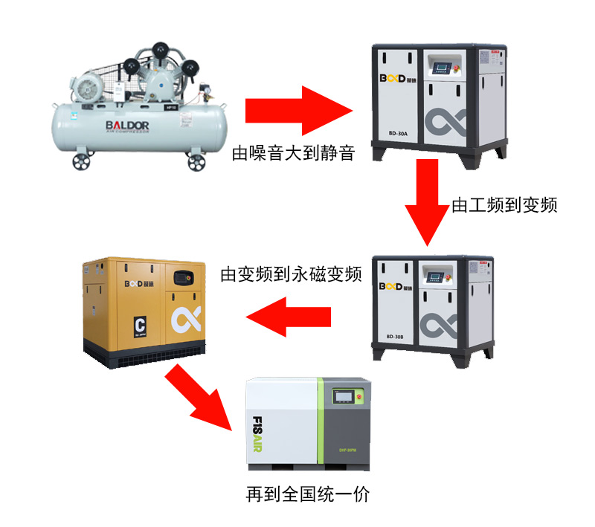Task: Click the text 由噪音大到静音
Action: click(x=293, y=154)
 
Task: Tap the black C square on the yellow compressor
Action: click(x=138, y=325)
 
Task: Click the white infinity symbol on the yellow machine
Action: click(x=184, y=320)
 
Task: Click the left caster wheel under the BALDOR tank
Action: click(x=78, y=162)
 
